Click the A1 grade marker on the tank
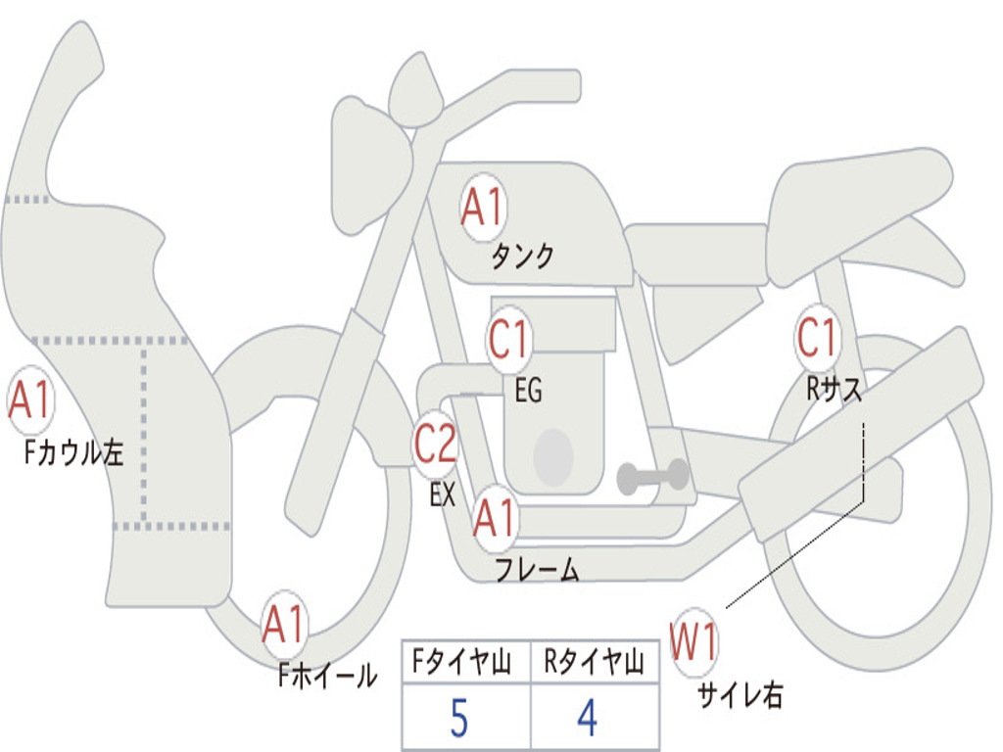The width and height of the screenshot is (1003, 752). click(483, 208)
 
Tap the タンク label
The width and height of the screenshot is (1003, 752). click(523, 257)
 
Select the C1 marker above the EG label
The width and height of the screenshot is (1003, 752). click(509, 339)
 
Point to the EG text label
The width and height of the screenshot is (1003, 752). click(528, 390)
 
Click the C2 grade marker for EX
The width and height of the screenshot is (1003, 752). click(435, 444)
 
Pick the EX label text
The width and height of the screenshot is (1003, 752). click(443, 494)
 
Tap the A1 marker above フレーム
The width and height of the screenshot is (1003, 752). click(495, 517)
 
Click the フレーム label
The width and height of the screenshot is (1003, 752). click(538, 569)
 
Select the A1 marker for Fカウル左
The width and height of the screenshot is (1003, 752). click(30, 400)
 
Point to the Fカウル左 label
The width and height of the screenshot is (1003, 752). click(73, 452)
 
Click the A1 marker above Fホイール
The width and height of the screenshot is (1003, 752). click(283, 624)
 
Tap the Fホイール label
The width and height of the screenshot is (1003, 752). click(327, 675)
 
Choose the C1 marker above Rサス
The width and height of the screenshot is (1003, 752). click(817, 337)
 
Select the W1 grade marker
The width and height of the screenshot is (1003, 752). click(693, 642)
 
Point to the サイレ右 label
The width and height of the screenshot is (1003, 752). click(740, 694)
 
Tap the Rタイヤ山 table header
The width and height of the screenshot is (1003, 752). click(594, 661)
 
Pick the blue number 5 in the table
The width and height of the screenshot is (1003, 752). click(459, 718)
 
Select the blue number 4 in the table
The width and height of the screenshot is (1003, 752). click(588, 718)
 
